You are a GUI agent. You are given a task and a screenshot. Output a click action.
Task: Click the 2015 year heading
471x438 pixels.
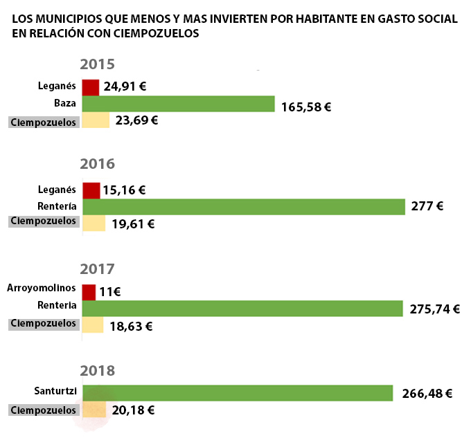97,65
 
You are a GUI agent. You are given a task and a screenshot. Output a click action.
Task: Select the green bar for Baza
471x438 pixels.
178,104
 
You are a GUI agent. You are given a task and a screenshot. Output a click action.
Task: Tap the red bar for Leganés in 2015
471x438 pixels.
90,87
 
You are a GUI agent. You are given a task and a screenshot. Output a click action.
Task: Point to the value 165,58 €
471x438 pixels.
306,107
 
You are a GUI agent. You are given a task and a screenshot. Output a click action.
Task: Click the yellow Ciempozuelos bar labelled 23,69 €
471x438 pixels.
96,120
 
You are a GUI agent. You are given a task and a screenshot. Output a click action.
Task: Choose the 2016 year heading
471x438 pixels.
97,165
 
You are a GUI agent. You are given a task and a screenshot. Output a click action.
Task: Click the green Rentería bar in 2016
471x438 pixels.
243,206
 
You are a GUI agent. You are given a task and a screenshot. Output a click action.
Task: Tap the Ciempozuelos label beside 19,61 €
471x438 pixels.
43,221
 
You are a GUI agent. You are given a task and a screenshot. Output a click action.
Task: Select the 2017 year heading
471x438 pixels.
97,268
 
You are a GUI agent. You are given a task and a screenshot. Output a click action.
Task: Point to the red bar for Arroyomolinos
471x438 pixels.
89,292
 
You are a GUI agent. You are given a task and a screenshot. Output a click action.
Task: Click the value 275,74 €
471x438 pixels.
435,309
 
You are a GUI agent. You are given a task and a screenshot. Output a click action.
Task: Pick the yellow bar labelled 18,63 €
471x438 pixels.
93,325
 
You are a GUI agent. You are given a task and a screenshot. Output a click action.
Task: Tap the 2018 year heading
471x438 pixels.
97,370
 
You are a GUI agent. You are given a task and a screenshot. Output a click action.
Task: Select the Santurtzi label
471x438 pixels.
55,391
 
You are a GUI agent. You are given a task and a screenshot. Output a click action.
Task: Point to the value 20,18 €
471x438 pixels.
133,410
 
